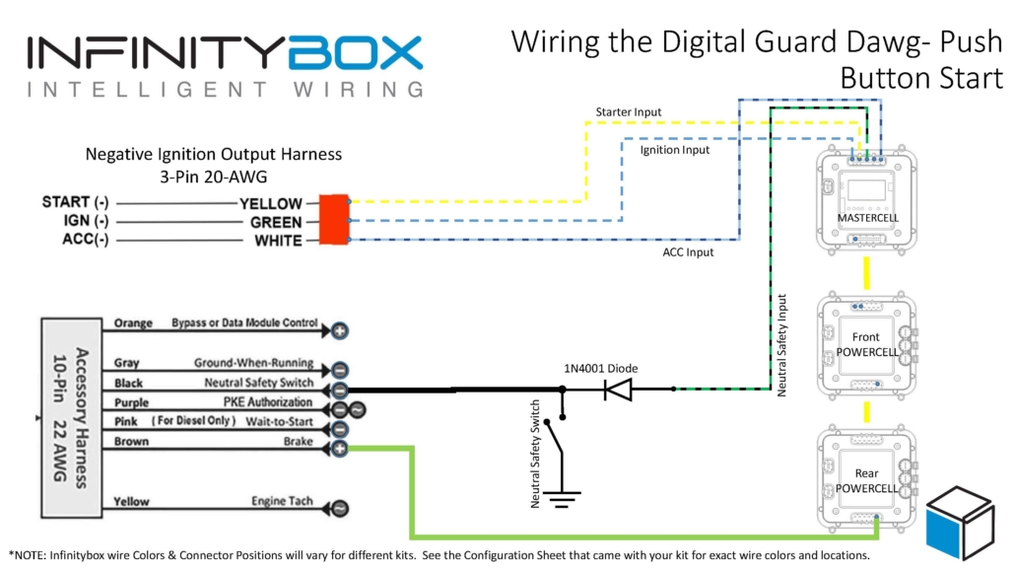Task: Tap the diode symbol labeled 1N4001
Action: click(x=619, y=390)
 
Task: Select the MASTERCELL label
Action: click(x=868, y=217)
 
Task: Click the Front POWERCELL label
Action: click(x=867, y=345)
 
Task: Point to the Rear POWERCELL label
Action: click(x=867, y=480)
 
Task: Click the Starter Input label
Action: click(x=629, y=112)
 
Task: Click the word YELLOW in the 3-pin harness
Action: click(x=270, y=203)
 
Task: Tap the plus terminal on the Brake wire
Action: click(x=339, y=449)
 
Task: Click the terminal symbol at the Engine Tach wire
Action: click(x=339, y=509)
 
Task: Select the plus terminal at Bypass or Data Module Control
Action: click(x=339, y=330)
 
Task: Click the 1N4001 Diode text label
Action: click(x=600, y=368)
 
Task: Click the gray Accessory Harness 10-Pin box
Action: click(x=71, y=417)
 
